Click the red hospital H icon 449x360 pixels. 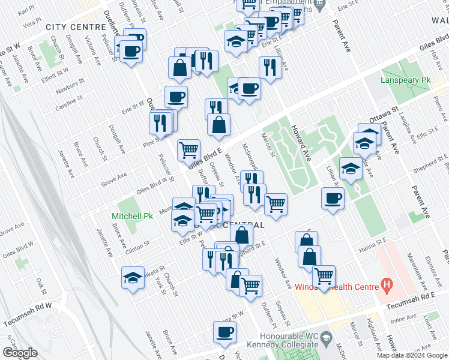tap(387, 284)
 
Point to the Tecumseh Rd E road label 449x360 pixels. tap(411, 297)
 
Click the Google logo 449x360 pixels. tap(20, 353)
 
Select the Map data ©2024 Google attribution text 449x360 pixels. tap(412, 355)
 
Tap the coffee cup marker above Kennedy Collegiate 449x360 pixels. tap(225, 332)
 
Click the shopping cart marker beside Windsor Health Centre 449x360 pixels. tap(324, 277)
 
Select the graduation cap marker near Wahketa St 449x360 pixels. tap(133, 277)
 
